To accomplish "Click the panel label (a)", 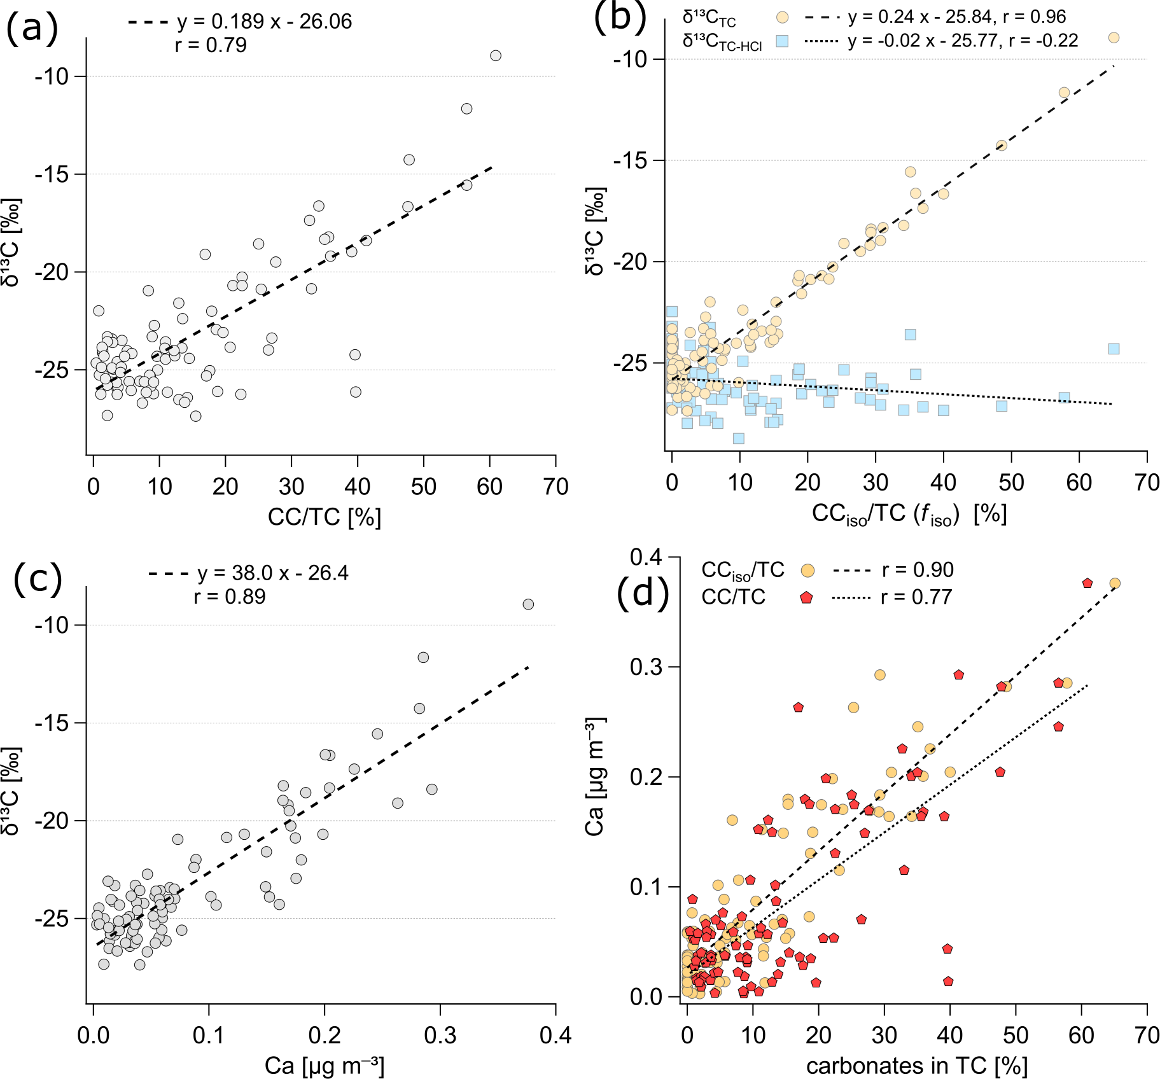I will pyautogui.click(x=32, y=29).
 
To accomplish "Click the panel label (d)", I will pyautogui.click(x=643, y=594).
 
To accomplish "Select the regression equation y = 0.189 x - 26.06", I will pyautogui.click(x=264, y=22).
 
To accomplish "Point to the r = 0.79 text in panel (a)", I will pyautogui.click(x=211, y=45).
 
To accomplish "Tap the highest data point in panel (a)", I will pyautogui.click(x=496, y=56).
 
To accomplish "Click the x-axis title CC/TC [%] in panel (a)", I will pyautogui.click(x=324, y=517).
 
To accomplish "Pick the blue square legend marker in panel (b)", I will pyautogui.click(x=782, y=41).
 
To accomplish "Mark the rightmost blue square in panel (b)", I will pyautogui.click(x=1114, y=349).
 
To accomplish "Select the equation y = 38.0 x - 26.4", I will pyautogui.click(x=272, y=573).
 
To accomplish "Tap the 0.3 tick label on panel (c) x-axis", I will pyautogui.click(x=440, y=1035).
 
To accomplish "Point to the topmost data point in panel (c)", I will pyautogui.click(x=528, y=604).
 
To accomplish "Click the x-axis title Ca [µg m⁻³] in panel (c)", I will pyautogui.click(x=324, y=1066).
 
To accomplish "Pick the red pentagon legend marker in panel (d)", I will pyautogui.click(x=807, y=597).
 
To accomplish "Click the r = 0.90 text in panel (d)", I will pyautogui.click(x=918, y=570).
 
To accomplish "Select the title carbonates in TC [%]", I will pyautogui.click(x=916, y=1066).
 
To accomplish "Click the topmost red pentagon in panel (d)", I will pyautogui.click(x=1087, y=583).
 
